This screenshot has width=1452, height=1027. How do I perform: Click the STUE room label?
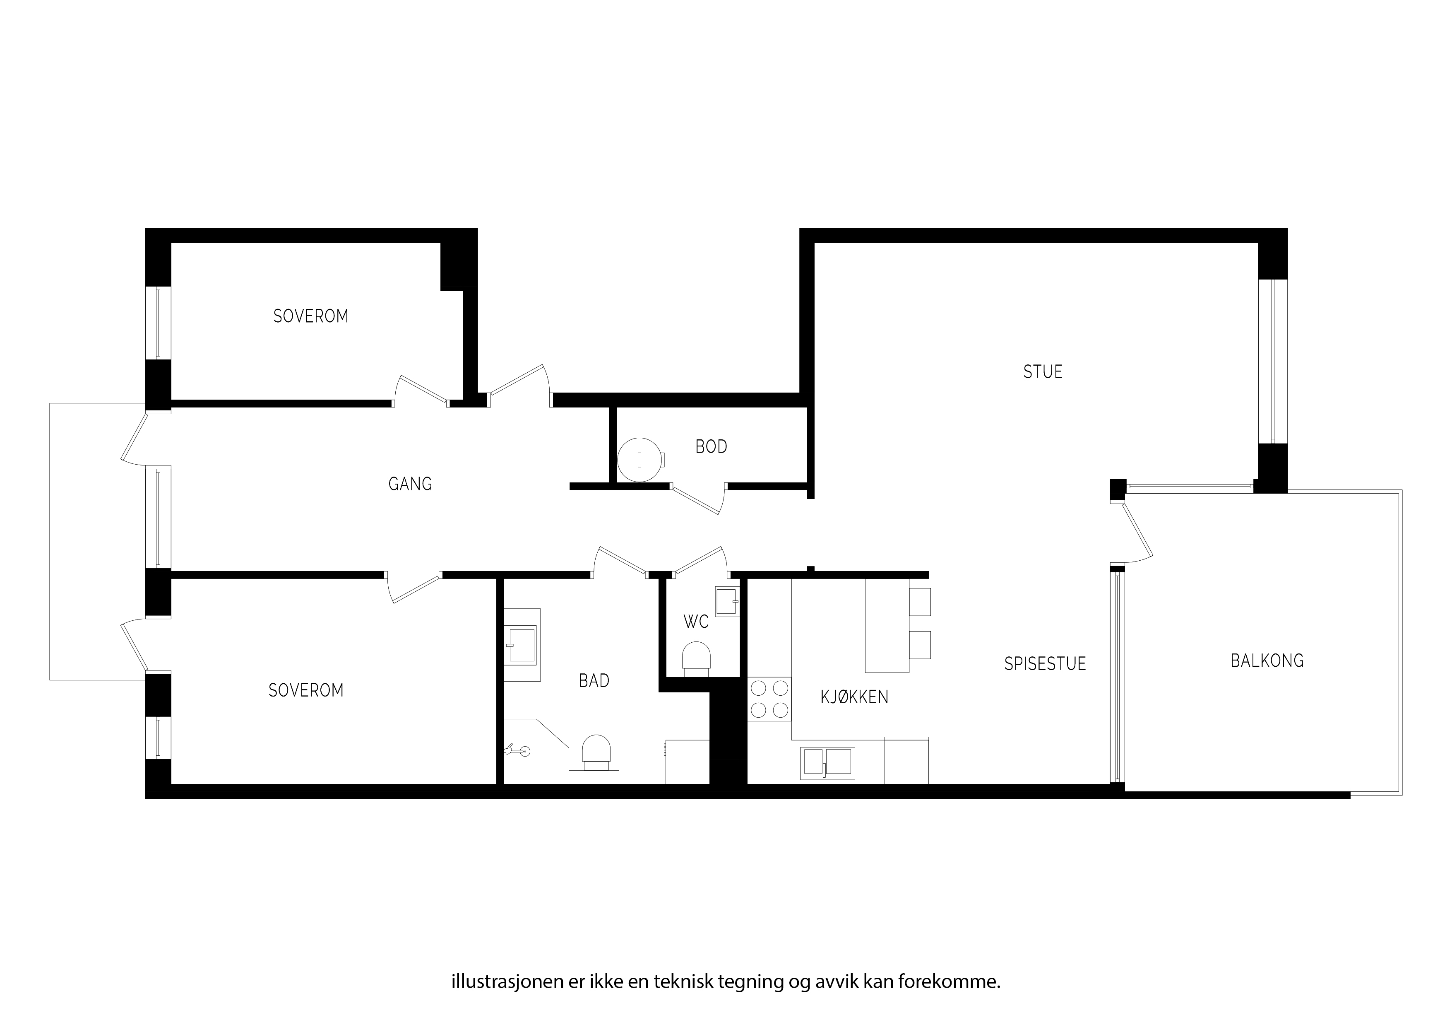[x=1043, y=371]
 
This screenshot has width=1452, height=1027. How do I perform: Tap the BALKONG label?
[x=1267, y=661]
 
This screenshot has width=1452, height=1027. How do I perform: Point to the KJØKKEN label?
[x=854, y=697]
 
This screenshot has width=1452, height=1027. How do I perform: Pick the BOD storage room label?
[x=712, y=447]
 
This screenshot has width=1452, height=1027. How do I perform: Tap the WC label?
[x=696, y=622]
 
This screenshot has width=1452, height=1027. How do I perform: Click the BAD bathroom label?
[x=594, y=681]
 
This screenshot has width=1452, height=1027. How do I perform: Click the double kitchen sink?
[x=828, y=763]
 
